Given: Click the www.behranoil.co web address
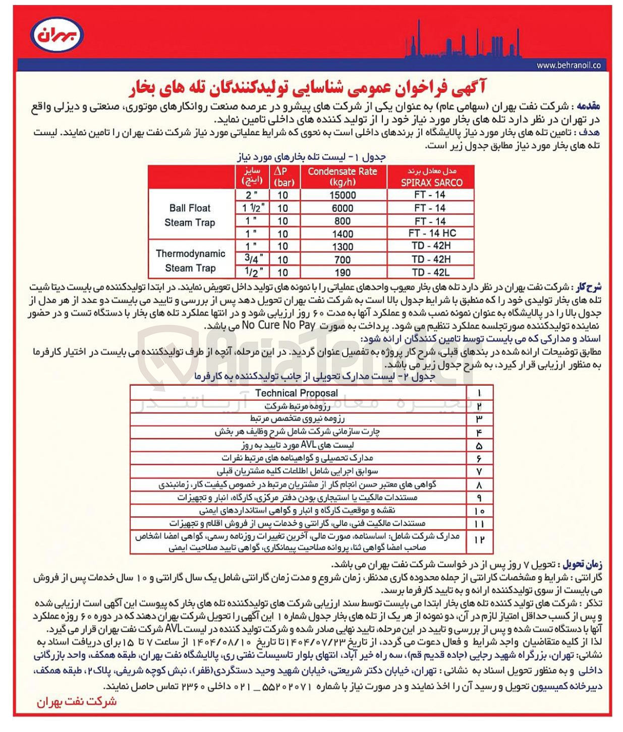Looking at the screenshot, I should click(x=568, y=66).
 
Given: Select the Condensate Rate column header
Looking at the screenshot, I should click(x=342, y=177).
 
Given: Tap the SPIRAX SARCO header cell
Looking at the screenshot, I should click(x=431, y=177).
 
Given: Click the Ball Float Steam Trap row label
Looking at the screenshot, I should click(x=190, y=215).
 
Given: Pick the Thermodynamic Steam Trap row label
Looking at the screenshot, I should click(x=190, y=261).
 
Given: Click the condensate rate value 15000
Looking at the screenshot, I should click(x=342, y=195).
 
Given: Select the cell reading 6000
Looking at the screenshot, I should click(x=342, y=208).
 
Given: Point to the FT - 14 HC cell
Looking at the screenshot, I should click(x=432, y=233).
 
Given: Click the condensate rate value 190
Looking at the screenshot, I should click(x=342, y=273).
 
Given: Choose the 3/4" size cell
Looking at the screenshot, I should click(x=253, y=259).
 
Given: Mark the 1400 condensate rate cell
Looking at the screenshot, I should click(x=342, y=234).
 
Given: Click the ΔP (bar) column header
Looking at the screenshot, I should click(x=282, y=177).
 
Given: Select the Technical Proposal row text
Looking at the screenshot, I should click(x=296, y=393).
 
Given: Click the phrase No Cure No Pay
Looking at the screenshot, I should click(x=278, y=326).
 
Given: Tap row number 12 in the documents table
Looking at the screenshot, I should click(x=479, y=540).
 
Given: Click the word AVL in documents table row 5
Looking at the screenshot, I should click(x=308, y=445).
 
